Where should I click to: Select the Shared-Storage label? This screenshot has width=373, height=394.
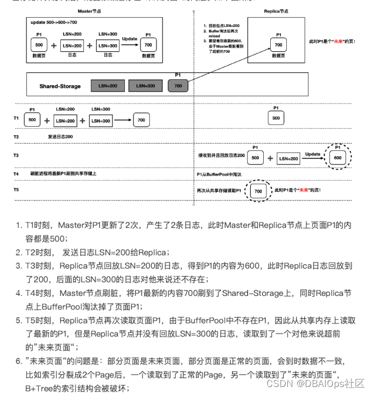click(60, 86)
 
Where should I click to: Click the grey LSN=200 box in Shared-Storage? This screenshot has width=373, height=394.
click(107, 86)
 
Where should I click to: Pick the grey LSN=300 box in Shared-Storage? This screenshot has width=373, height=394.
click(144, 86)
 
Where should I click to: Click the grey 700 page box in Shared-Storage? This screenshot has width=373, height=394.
click(179, 86)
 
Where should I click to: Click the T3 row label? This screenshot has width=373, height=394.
click(16, 155)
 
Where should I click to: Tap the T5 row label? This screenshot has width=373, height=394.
click(16, 190)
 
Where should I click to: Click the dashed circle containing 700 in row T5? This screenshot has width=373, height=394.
click(258, 191)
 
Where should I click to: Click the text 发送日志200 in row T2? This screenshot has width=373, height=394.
click(60, 137)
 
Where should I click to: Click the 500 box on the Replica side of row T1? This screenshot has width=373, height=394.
click(276, 118)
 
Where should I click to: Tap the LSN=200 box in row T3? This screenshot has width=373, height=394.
click(288, 158)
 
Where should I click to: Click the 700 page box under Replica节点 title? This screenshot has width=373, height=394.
click(278, 45)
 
